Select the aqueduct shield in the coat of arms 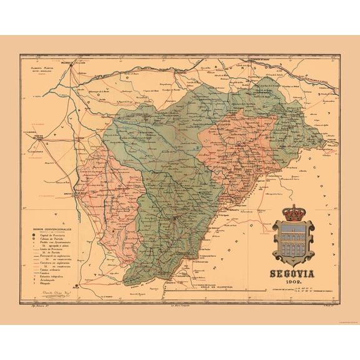pyautogui.click(x=293, y=241)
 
